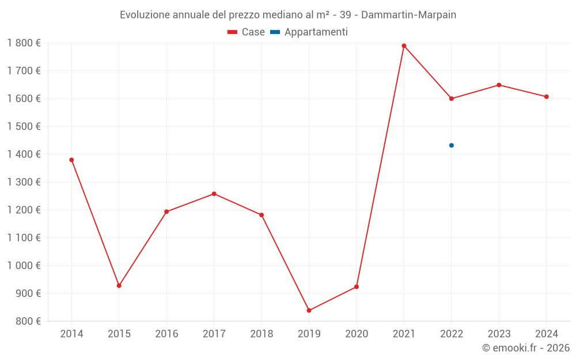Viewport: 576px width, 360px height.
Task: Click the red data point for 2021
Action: click(404, 46)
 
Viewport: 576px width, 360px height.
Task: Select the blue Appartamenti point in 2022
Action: click(452, 145)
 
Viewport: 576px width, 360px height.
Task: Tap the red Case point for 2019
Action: click(309, 310)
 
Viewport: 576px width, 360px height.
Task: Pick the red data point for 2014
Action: click(71, 160)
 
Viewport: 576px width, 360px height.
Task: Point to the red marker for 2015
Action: click(119, 286)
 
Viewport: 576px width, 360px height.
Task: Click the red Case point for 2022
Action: click(452, 98)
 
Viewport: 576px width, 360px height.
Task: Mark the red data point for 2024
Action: click(546, 97)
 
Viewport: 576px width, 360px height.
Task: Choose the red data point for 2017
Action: click(214, 194)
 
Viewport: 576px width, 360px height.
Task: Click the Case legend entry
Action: click(247, 32)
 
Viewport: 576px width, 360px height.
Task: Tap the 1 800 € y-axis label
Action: click(24, 43)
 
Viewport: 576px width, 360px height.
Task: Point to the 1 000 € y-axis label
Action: click(24, 266)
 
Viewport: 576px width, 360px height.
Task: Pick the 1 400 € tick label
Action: click(24, 154)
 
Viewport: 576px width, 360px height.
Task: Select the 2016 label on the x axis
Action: click(166, 334)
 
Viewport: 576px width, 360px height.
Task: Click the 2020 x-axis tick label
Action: click(356, 334)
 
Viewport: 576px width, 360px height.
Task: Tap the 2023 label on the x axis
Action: click(499, 334)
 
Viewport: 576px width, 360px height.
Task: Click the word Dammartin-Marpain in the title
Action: click(408, 15)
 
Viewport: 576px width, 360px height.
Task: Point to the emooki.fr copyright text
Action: click(525, 348)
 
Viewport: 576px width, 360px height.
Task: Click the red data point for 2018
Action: click(262, 215)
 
